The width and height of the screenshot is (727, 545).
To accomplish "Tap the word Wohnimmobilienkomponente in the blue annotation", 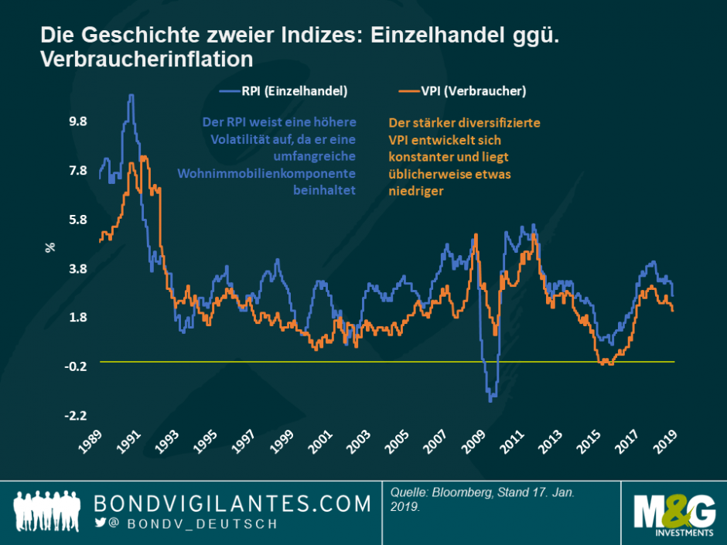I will coord(267,173).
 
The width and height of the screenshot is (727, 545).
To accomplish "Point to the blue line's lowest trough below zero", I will coord(491,400).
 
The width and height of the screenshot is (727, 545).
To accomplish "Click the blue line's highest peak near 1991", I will coord(131,96).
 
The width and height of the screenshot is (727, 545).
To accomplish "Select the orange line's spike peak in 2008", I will coord(476,234).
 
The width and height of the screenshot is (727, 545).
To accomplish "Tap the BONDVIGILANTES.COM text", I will coord(232,503).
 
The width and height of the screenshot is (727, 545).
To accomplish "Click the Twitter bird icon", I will coord(99,523).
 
